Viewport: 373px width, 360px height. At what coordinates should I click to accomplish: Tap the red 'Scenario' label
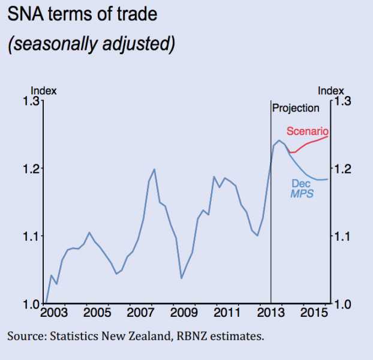307,131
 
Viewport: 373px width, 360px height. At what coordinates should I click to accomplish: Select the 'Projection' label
296,109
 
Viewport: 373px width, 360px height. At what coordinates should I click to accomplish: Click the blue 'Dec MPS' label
302,188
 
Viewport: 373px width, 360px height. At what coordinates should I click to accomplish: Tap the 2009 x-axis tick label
182,313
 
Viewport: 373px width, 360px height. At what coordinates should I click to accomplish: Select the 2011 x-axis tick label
226,313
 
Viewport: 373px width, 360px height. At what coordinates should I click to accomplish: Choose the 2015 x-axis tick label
313,313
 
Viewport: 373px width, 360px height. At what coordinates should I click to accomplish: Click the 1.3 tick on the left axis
32,101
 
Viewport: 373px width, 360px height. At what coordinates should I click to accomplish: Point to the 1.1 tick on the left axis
32,236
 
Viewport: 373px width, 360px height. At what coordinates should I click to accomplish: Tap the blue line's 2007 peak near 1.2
154,169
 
